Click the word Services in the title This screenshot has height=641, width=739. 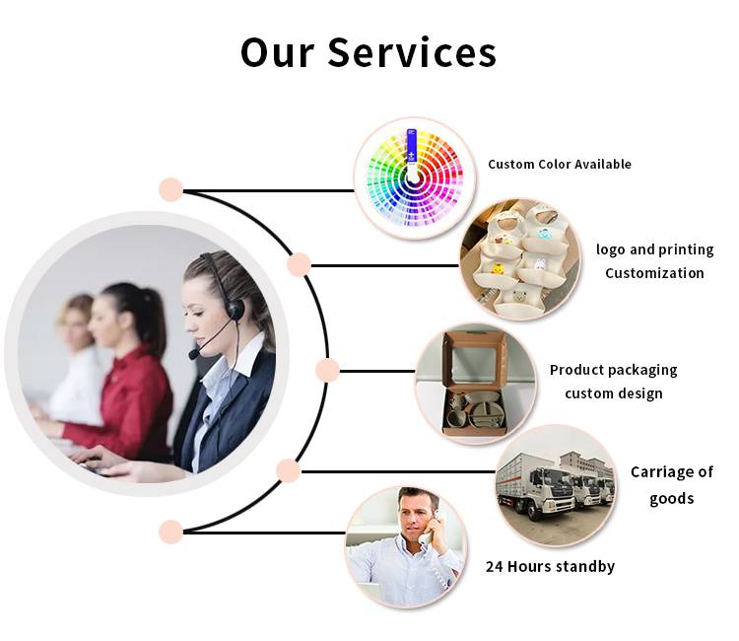[412, 52]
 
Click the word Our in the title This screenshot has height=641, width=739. [277, 52]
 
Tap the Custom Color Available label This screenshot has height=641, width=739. [560, 164]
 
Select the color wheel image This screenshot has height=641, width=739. [414, 178]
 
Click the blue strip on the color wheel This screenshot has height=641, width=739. [412, 145]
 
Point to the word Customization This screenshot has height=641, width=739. [654, 273]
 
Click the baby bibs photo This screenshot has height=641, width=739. [521, 260]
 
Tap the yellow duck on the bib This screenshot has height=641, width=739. [498, 268]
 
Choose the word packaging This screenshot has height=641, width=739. [641, 370]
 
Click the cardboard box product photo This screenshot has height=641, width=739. [476, 383]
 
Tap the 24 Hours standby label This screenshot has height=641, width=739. [550, 566]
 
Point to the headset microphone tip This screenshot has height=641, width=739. [193, 354]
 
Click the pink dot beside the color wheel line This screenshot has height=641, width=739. [171, 189]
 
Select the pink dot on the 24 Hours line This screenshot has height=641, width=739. [170, 532]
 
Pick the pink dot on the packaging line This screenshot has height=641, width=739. [327, 370]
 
